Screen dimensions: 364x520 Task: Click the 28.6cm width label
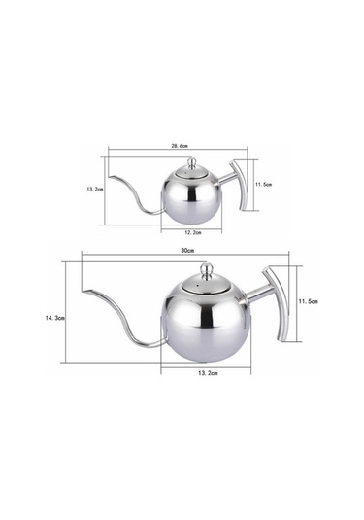pos(181,146)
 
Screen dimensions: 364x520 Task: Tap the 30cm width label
pos(187,250)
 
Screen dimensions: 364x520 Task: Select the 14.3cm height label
pos(55,318)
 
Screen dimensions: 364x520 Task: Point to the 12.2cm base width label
pos(193,232)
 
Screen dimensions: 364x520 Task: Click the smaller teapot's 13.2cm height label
pos(95,189)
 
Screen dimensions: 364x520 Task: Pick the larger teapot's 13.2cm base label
pos(208,373)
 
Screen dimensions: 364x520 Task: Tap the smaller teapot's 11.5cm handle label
pos(263,185)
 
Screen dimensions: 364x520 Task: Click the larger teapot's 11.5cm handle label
pos(309,301)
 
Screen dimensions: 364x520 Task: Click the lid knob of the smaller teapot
pos(192,162)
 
